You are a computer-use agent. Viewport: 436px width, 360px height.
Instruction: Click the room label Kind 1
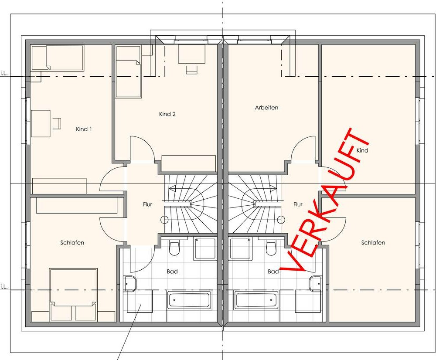84,129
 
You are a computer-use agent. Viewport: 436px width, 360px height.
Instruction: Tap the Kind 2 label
167,114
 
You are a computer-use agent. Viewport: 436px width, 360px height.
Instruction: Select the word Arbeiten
266,108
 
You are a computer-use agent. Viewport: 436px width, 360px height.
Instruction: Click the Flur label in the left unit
147,204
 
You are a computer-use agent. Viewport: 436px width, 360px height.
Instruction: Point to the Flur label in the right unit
297,204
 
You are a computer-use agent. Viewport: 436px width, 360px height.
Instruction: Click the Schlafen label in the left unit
72,243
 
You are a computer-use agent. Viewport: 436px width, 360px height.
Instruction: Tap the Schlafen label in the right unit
373,243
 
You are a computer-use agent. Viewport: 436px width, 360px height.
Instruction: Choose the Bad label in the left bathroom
172,272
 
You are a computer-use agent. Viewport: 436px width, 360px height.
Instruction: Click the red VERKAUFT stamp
325,200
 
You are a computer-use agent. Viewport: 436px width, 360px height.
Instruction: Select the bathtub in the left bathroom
189,300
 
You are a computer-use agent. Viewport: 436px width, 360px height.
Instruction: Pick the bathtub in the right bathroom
256,300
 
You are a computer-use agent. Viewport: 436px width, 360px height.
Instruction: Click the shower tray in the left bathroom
205,249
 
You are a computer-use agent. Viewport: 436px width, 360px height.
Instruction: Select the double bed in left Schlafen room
73,295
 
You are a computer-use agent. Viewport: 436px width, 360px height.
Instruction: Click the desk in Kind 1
41,123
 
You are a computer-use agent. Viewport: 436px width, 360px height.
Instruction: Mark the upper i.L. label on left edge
3,73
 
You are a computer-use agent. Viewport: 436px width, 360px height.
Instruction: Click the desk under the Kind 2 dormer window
191,54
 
